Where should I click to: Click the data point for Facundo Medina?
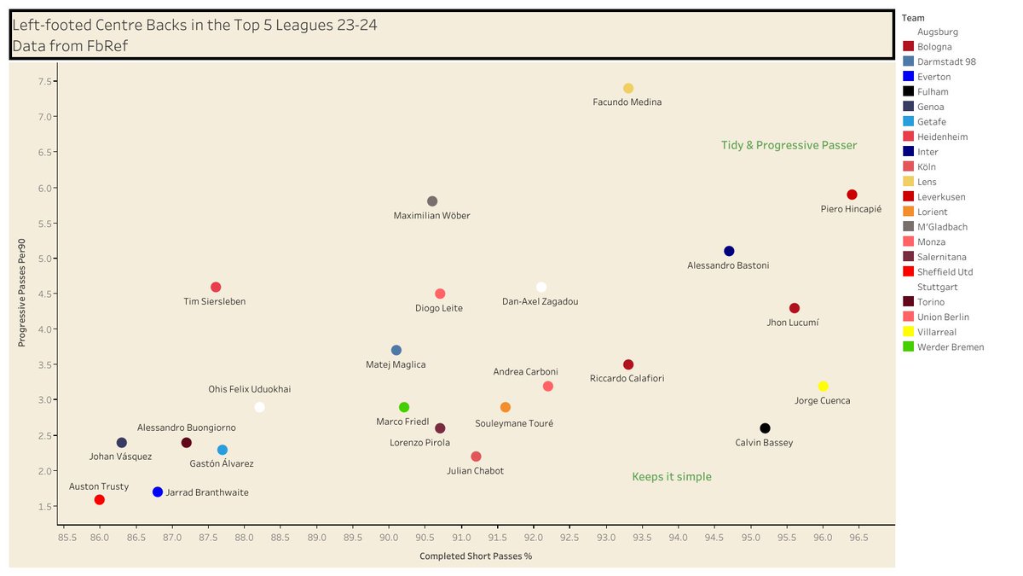pos(628,88)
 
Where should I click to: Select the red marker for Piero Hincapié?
pos(852,195)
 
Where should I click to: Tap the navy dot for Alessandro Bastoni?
pos(729,251)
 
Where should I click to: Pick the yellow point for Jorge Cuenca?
pos(823,386)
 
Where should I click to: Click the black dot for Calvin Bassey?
pos(765,428)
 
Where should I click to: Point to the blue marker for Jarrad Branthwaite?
pos(158,492)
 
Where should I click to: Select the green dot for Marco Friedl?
pos(404,407)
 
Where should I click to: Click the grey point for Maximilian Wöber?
pos(432,201)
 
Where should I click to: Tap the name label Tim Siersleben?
pos(216,301)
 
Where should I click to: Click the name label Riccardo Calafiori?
pos(627,378)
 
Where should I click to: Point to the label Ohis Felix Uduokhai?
pos(250,389)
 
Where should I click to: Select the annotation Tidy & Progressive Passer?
pos(789,146)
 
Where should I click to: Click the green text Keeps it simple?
pos(672,477)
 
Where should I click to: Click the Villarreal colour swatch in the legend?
pos(908,332)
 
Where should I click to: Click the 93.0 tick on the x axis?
pos(606,538)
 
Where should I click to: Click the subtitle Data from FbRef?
pos(71,46)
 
